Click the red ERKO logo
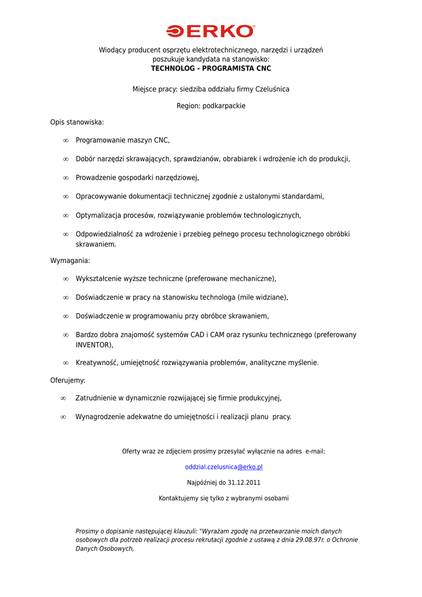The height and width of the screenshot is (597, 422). click(211, 31)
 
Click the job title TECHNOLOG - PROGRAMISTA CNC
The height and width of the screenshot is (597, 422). click(211, 68)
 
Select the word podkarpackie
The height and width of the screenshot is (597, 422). click(224, 106)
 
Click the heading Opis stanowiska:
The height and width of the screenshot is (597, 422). click(77, 122)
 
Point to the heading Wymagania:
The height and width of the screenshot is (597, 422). click(70, 261)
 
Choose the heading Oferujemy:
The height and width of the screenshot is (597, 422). click(68, 380)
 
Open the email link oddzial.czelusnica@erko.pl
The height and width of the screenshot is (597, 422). click(224, 467)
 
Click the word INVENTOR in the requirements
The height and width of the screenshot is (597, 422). click(93, 345)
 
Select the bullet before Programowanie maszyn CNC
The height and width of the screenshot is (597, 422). click(66, 141)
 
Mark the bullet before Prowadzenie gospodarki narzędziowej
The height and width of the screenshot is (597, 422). click(66, 178)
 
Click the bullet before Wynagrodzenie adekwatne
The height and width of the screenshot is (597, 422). click(63, 417)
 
